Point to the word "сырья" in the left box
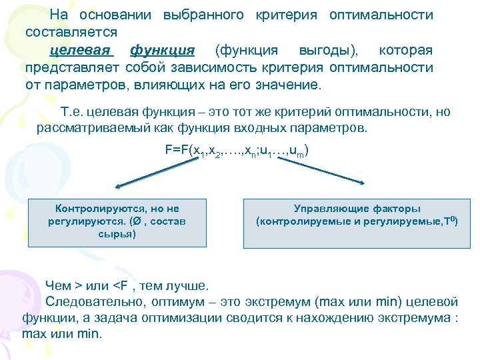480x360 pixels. pos(117,234)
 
